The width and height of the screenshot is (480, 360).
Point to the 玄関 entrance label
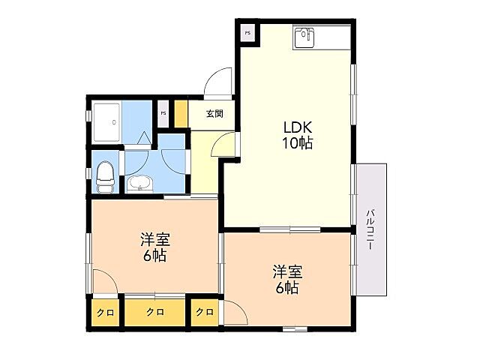[214, 114]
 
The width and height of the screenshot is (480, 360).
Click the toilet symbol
[106, 174]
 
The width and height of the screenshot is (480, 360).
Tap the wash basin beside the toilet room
[139, 183]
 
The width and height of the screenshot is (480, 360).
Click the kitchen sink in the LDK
[304, 36]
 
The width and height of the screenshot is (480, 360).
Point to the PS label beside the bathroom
[163, 113]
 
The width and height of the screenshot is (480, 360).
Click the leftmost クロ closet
[105, 311]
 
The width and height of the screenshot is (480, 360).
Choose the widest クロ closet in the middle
[154, 311]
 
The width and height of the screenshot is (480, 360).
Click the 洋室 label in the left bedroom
[155, 240]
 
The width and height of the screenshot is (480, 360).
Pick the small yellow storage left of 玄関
[181, 113]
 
